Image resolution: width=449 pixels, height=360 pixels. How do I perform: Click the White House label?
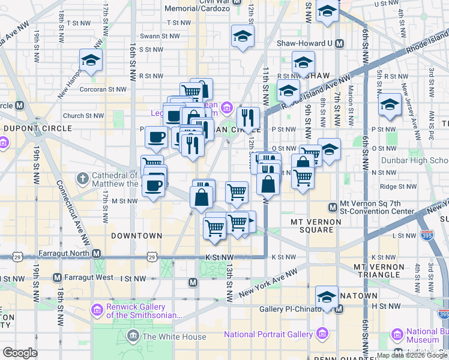coord(173,337)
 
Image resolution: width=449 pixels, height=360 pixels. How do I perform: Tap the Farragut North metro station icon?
coord(97,253)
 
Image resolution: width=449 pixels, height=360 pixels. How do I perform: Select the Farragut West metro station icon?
coord(57,278)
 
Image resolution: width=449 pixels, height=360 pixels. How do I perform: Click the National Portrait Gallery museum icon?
coord(323,333)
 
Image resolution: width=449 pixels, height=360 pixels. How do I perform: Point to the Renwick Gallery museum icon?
coord(97,310)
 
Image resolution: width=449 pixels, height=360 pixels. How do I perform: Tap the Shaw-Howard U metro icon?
coord(339,43)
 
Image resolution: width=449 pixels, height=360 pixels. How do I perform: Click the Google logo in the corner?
coord(20,352)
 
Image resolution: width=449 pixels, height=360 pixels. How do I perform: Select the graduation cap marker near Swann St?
coord(242,37)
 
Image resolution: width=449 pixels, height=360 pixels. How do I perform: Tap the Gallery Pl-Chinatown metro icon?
coord(339,309)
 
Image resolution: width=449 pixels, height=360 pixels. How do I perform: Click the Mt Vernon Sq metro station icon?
coord(332,208)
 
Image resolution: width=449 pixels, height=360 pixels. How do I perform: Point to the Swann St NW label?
coord(160,36)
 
